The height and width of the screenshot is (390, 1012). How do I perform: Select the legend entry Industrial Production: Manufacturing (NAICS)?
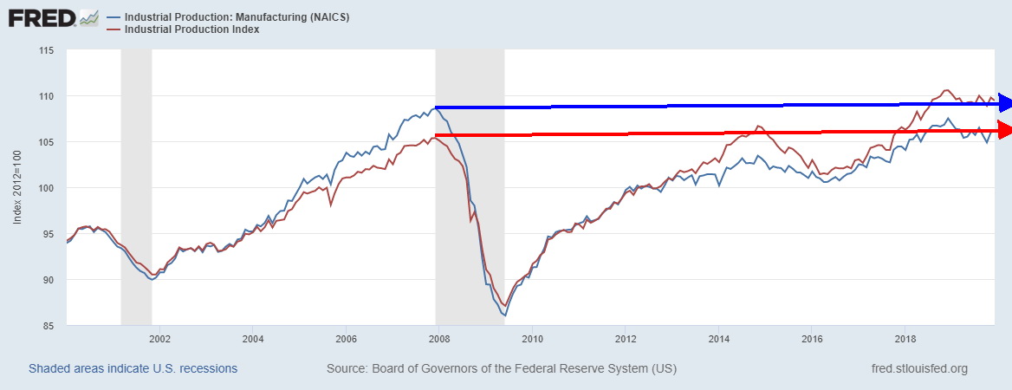pos(230,17)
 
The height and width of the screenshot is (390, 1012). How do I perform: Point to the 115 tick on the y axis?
pos(46,50)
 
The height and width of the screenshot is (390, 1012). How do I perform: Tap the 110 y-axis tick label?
pos(46,96)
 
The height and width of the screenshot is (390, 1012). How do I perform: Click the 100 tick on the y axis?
pos(46,188)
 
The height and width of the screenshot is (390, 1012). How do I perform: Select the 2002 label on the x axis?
pos(159,339)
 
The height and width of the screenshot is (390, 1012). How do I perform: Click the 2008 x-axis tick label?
pos(438,339)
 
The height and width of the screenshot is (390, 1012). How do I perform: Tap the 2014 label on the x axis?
pos(718,339)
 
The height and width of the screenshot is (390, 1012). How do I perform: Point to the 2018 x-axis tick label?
pos(905,339)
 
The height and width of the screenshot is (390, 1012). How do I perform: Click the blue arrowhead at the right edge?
pos(1003,103)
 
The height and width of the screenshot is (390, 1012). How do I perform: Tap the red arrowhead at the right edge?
pos(1003,131)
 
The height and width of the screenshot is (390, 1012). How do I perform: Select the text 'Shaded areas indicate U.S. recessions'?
pos(133,369)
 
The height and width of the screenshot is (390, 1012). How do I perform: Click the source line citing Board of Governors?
pos(502,369)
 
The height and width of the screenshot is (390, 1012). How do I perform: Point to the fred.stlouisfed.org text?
pos(919,369)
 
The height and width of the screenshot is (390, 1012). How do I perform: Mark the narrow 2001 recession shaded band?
pos(136,188)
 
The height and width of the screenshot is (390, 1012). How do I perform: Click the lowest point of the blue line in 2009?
pos(505,315)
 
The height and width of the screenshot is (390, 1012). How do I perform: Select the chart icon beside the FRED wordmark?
pos(88,17)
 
